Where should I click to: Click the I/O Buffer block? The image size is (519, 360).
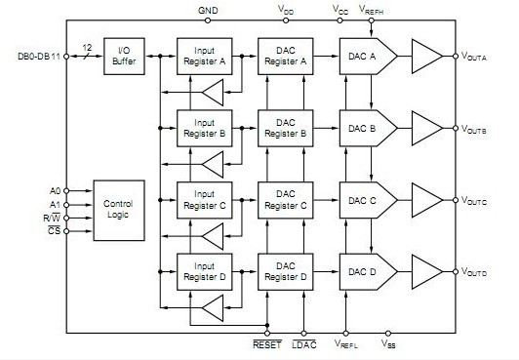(x=123, y=57)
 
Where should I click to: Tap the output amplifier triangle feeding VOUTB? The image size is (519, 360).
(x=427, y=128)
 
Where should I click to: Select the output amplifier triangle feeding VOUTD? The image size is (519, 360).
(x=427, y=270)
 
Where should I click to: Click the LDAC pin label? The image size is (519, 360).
(x=303, y=344)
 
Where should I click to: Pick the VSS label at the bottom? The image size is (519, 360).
(x=387, y=344)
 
